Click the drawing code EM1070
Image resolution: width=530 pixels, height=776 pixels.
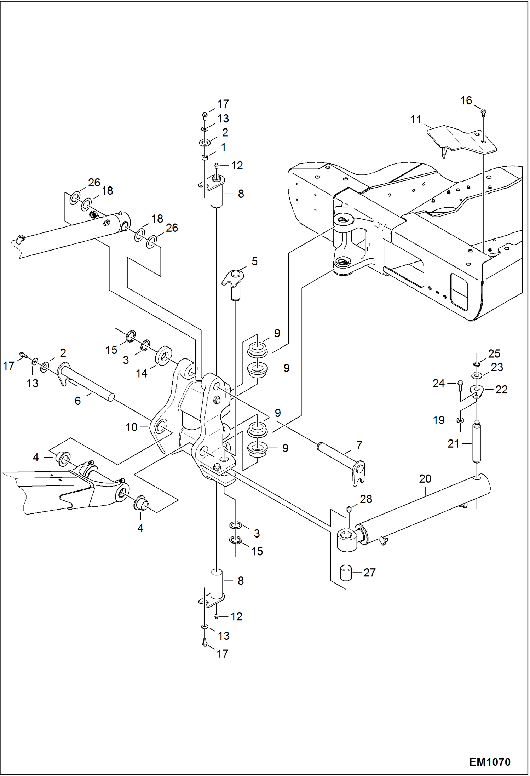pos(489,762)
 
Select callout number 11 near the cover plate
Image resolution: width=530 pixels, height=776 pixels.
pos(416,120)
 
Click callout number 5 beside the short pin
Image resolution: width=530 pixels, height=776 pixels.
pos(254,261)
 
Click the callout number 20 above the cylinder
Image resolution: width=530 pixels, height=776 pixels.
pos(425,479)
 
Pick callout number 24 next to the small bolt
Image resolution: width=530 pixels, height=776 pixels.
pos(438,383)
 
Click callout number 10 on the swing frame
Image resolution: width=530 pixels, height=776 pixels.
pos(131,427)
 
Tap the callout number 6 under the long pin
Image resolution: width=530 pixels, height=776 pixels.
pos(77,401)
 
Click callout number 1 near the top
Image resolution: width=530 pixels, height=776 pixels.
pos(223,147)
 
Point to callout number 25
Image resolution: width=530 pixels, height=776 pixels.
pos(494,353)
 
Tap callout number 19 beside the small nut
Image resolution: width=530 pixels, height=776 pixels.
pos(438,420)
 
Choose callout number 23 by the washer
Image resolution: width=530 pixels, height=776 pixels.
pos(497,367)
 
